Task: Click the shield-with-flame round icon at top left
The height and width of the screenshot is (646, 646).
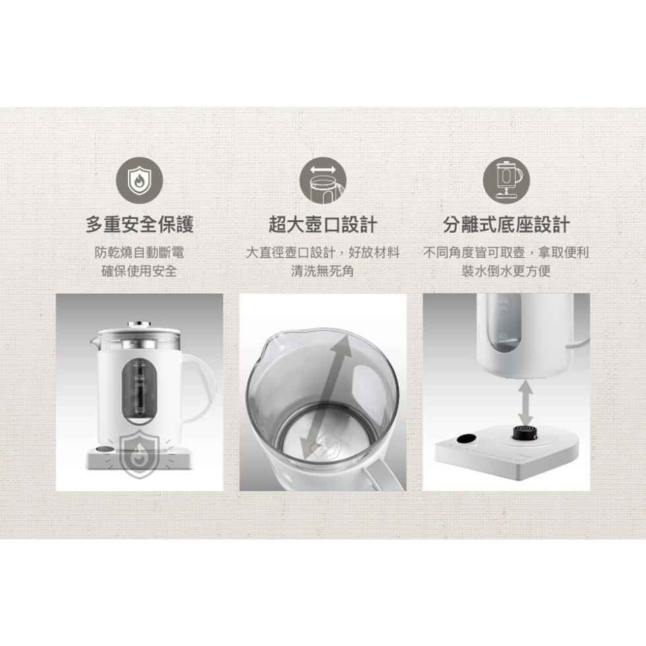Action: [x=140, y=181]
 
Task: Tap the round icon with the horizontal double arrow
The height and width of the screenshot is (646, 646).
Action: [x=322, y=181]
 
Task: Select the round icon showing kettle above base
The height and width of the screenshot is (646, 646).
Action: [x=506, y=181]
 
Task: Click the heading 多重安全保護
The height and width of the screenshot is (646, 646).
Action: [x=140, y=225]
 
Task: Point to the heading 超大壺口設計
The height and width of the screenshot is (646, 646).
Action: [x=322, y=225]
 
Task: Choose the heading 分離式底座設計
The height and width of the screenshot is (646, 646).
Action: [x=506, y=225]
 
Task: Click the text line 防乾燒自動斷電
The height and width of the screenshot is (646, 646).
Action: [x=140, y=252]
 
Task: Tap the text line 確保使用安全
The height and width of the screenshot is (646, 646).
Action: [x=140, y=271]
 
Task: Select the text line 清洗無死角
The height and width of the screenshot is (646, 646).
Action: [x=322, y=271]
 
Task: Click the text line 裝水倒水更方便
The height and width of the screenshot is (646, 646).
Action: [x=506, y=271]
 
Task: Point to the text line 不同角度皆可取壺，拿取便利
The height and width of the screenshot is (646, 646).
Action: [x=506, y=252]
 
